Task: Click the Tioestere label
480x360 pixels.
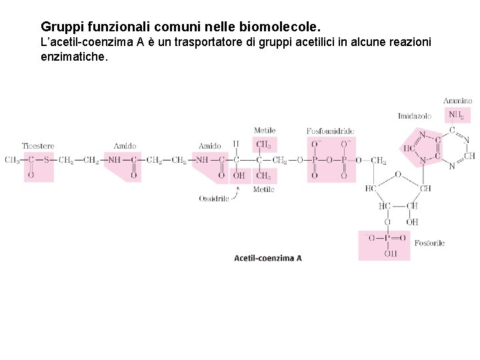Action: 37,146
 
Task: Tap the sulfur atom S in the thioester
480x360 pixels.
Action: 46,160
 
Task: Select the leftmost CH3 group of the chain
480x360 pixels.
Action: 11,160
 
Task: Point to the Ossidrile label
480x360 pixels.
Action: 213,199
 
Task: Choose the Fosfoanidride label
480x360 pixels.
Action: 330,131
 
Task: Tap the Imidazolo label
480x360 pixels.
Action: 414,116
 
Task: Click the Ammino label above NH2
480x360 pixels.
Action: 457,101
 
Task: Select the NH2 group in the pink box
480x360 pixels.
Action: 456,115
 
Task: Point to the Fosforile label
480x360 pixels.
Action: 429,243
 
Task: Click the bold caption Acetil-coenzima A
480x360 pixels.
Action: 268,258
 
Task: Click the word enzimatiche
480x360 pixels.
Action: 73,57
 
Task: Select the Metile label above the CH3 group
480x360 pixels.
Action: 264,130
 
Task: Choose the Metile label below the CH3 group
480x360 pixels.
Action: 263,190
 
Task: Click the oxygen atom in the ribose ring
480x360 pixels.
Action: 397,175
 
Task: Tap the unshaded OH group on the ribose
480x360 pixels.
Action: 412,222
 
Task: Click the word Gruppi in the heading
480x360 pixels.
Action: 61,27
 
